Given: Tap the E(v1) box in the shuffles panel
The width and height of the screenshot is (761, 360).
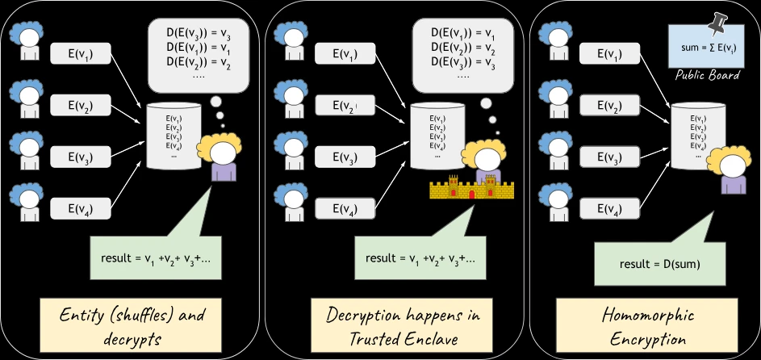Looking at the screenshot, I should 82,54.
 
